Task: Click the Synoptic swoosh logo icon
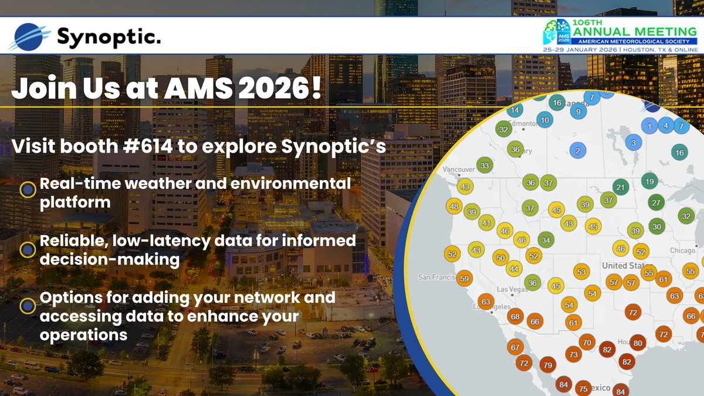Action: point(29,37)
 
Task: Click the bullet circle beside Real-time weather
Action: point(27,189)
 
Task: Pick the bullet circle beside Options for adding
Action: point(27,306)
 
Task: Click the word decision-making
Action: point(109,259)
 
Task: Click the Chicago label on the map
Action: point(683,251)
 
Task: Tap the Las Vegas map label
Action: point(513,290)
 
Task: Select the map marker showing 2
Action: point(578,151)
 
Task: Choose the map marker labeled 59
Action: point(465,279)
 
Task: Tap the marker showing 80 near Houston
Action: point(638,343)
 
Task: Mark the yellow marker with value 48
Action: point(453,207)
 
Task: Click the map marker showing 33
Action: point(485,166)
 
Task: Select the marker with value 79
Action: point(548,365)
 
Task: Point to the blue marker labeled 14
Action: point(515,110)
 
